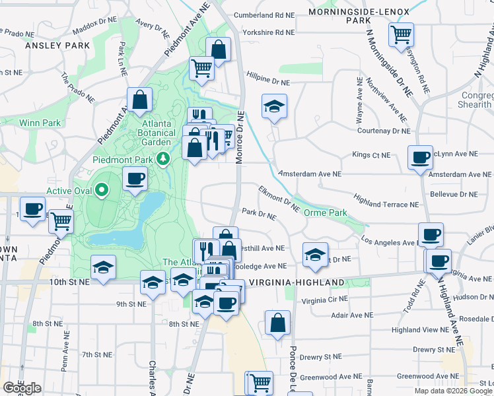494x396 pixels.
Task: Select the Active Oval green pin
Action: (101, 191)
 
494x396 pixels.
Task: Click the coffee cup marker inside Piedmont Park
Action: (135, 179)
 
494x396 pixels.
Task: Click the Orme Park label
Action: (325, 213)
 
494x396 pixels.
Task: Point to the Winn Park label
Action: (40, 123)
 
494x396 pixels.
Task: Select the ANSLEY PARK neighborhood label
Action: (57, 46)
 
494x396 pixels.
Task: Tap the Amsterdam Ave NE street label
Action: (310, 174)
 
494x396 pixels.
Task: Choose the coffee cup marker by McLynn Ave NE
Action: (420, 158)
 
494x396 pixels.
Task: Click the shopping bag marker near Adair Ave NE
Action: (278, 323)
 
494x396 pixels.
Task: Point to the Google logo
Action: (22, 388)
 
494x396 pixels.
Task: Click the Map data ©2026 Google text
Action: (453, 391)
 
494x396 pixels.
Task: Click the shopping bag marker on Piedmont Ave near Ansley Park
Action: (140, 100)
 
